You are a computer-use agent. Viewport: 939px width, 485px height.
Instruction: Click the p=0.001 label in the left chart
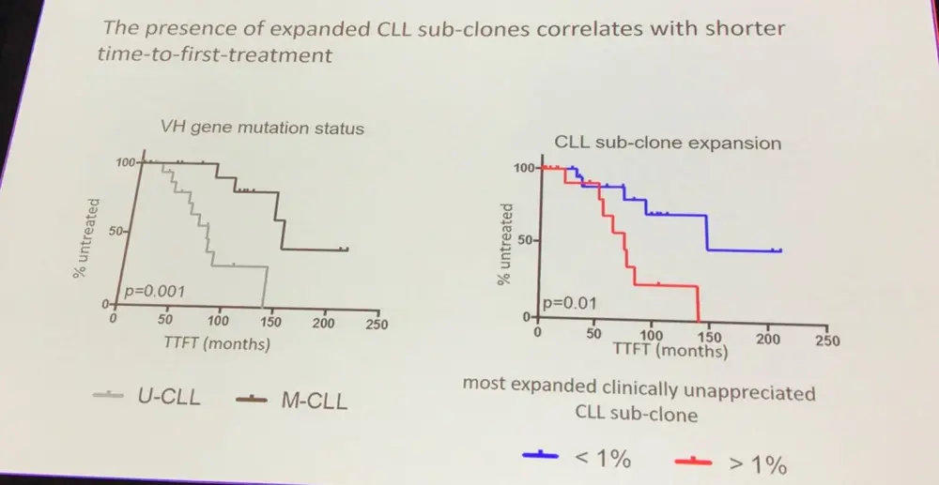coord(152,292)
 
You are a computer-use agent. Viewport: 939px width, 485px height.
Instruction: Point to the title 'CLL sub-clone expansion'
coord(668,144)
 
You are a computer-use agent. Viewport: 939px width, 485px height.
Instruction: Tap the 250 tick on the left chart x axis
coord(375,325)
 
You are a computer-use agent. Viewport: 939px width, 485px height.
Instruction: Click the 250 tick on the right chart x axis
coord(826,341)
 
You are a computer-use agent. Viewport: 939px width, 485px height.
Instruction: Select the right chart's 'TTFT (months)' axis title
coord(670,352)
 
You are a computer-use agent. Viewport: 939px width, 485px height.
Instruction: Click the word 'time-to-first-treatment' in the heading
coord(214,55)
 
